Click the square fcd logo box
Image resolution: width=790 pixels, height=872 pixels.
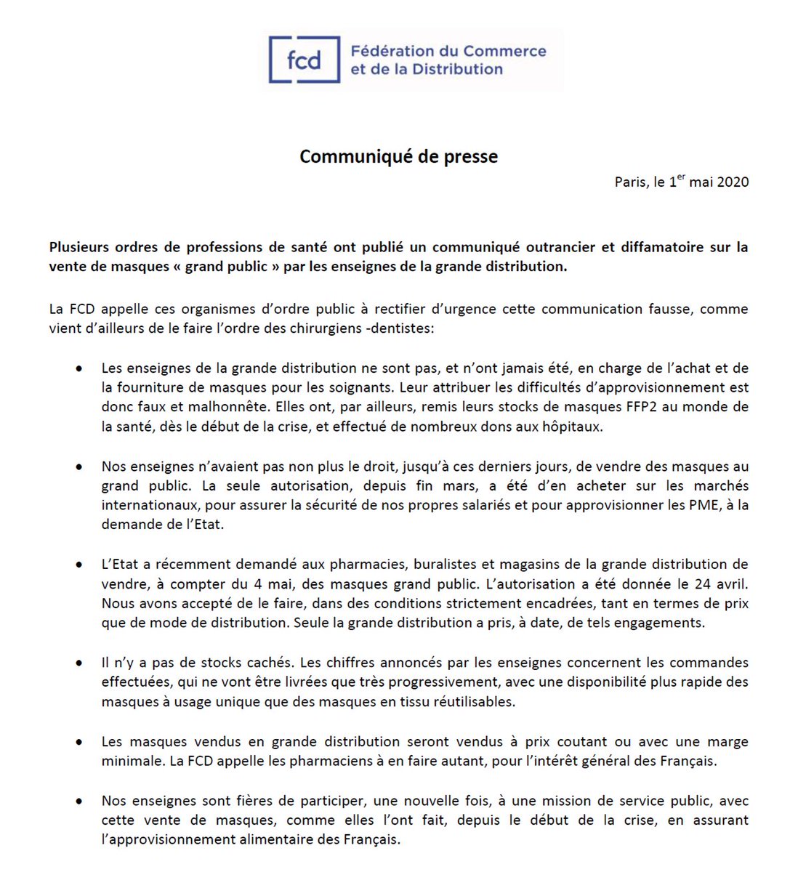304,60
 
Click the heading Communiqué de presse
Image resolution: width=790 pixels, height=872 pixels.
398,157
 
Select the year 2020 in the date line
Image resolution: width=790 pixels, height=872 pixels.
733,182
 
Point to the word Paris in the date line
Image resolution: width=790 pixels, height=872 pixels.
630,182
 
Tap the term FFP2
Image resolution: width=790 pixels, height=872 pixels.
640,407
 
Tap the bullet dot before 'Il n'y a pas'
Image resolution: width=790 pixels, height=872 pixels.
78,663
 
